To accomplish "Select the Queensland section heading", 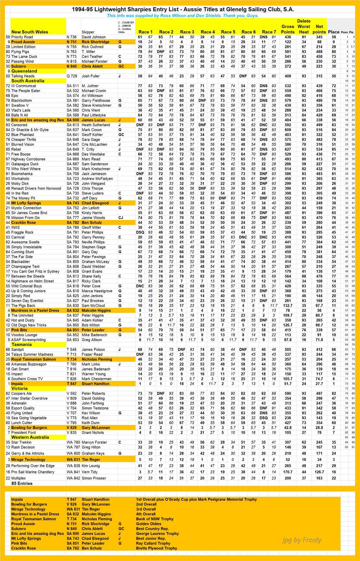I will point(24,71).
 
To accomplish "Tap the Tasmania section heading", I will point(21,345).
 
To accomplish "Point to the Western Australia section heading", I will point(30,437).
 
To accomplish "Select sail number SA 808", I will point(73,272).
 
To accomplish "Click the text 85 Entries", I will point(22,483).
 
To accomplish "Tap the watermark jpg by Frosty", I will point(302,540).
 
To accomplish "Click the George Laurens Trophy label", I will point(157,534).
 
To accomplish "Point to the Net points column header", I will point(319,29).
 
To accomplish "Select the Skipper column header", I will point(88,32).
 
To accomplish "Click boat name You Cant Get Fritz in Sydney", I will point(35,272).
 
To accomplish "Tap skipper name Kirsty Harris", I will point(92,213).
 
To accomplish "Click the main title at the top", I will point(183,9).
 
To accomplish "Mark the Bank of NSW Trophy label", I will point(155,519).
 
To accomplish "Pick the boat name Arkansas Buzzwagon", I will point(29,364).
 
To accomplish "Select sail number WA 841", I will point(73,472).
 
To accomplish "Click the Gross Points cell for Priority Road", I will point(288,37).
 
